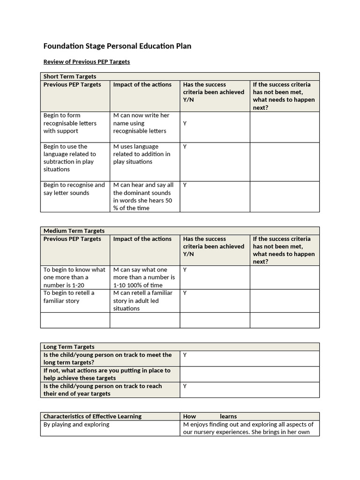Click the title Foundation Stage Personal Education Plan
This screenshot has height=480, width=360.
[117, 46]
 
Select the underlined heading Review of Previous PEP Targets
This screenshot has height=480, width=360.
[87, 61]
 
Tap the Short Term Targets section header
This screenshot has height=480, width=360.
[70, 76]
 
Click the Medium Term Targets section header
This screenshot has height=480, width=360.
[74, 231]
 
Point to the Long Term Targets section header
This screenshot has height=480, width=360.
[69, 347]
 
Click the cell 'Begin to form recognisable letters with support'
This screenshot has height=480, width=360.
[70, 123]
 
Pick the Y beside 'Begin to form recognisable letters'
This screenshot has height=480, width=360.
[185, 123]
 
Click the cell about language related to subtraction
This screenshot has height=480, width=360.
[70, 158]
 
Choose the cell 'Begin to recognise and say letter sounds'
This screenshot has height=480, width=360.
[74, 189]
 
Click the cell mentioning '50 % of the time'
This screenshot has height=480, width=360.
[143, 196]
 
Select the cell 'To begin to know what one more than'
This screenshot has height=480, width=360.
[75, 277]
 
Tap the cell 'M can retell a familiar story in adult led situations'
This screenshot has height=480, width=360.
[142, 300]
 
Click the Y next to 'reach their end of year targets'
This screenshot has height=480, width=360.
[185, 386]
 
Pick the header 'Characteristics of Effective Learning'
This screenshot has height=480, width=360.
[92, 416]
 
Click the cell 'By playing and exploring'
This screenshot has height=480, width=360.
[76, 425]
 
